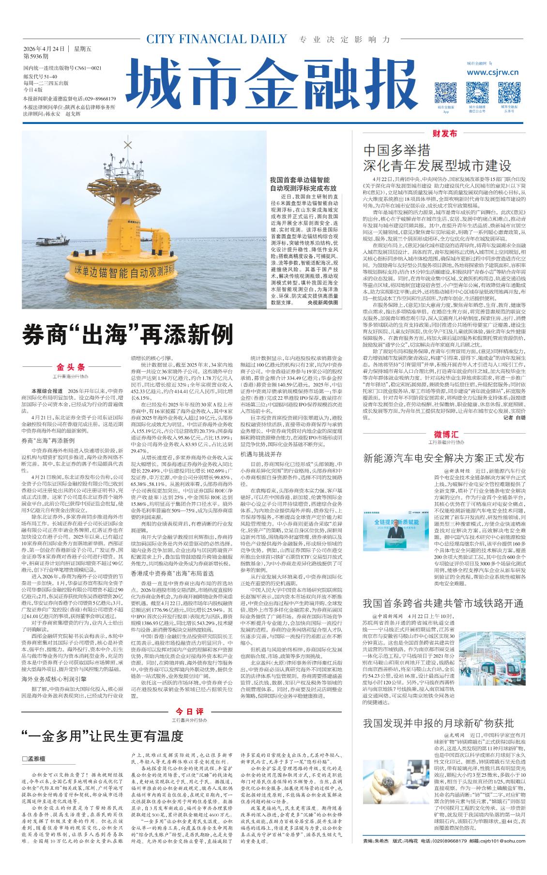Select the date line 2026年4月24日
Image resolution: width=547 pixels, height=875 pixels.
(x=44, y=49)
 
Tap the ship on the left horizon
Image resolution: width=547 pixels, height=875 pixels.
(x=53, y=240)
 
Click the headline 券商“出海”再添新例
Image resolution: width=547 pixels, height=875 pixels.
(x=128, y=334)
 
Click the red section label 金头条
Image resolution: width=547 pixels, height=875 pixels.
(x=71, y=367)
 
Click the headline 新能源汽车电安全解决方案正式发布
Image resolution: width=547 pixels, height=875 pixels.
(x=443, y=458)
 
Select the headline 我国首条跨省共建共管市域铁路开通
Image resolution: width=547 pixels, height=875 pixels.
(x=443, y=603)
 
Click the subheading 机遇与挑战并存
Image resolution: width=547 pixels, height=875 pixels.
(x=261, y=454)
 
